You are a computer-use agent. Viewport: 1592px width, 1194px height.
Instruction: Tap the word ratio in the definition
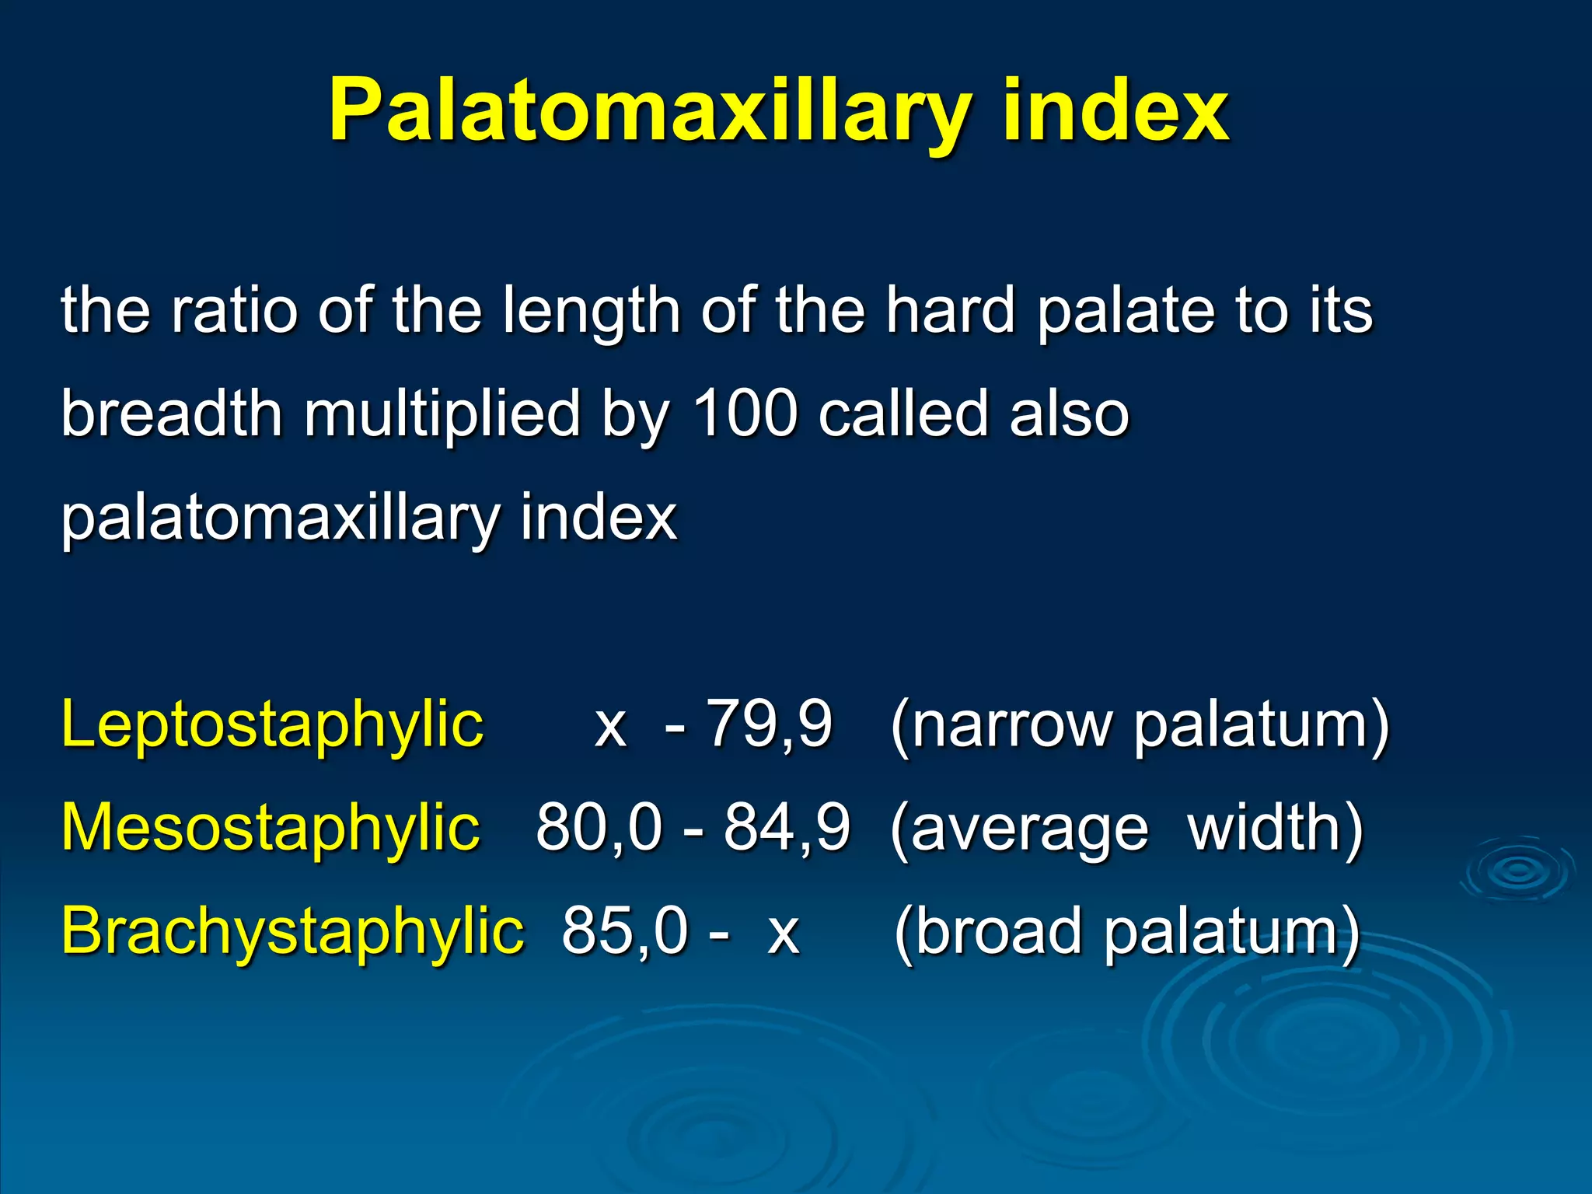point(234,310)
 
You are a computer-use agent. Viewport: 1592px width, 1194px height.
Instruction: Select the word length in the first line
point(591,312)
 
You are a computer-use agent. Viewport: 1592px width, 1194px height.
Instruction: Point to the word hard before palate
point(951,310)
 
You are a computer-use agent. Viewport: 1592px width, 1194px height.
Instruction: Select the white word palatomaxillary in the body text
point(278,518)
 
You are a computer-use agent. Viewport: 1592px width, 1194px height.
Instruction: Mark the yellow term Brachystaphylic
point(292,931)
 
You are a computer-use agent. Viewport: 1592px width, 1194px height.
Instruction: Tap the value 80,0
point(599,828)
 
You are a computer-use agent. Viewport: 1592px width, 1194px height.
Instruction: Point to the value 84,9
point(787,828)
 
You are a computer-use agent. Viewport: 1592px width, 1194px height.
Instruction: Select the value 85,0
point(625,931)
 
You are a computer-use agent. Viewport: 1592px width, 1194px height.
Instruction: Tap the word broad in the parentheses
point(998,931)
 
